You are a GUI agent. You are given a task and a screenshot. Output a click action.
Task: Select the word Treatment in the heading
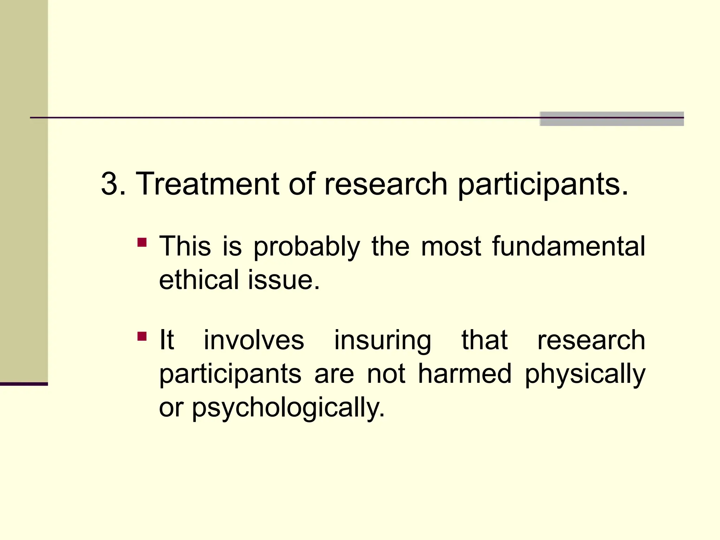(x=207, y=184)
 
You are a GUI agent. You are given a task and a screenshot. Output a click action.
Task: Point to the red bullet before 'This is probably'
(x=142, y=243)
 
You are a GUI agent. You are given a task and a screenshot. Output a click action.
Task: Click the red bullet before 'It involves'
(x=142, y=336)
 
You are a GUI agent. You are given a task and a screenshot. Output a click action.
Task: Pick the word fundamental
(x=568, y=246)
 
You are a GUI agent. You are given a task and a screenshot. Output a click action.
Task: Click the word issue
(x=284, y=280)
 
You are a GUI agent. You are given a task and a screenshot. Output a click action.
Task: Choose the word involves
(x=254, y=340)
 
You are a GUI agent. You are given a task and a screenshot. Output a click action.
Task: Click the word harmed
(x=464, y=373)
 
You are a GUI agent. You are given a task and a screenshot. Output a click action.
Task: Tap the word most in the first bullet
(x=451, y=246)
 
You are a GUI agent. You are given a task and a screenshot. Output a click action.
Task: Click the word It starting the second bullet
(x=166, y=340)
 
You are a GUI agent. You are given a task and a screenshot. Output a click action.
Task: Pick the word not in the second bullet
(x=386, y=374)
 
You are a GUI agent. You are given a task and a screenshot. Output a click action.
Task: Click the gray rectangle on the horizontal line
(x=611, y=119)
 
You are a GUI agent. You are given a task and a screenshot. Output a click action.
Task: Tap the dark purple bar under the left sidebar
(x=24, y=384)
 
